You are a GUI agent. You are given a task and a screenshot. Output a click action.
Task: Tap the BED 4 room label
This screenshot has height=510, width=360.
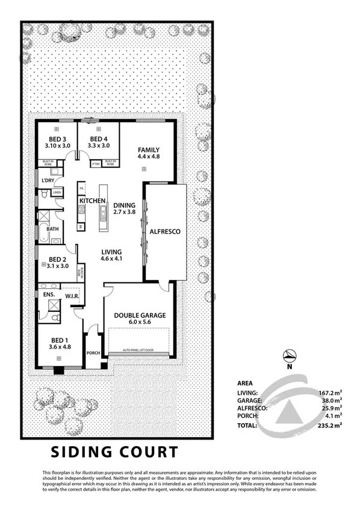point(97,139)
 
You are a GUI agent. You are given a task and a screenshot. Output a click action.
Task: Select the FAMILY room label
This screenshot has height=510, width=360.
point(147,149)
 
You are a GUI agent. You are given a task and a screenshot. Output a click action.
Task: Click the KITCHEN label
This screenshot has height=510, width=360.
point(94,201)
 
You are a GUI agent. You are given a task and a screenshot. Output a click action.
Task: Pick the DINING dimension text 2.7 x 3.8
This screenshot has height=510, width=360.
point(125,212)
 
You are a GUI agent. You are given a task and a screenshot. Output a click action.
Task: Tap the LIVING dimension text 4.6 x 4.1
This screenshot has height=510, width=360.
point(111,259)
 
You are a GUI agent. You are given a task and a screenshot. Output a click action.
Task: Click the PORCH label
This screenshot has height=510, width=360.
point(93,353)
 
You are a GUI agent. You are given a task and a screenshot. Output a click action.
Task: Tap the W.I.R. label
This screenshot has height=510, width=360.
point(65,296)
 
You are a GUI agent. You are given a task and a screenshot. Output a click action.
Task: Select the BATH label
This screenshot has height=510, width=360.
point(52,229)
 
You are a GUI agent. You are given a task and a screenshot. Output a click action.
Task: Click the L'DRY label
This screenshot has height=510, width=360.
point(48,180)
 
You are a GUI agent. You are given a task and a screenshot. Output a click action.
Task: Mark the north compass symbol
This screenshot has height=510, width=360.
point(290,356)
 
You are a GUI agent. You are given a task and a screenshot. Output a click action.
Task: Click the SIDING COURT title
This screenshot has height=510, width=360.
point(114,451)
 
